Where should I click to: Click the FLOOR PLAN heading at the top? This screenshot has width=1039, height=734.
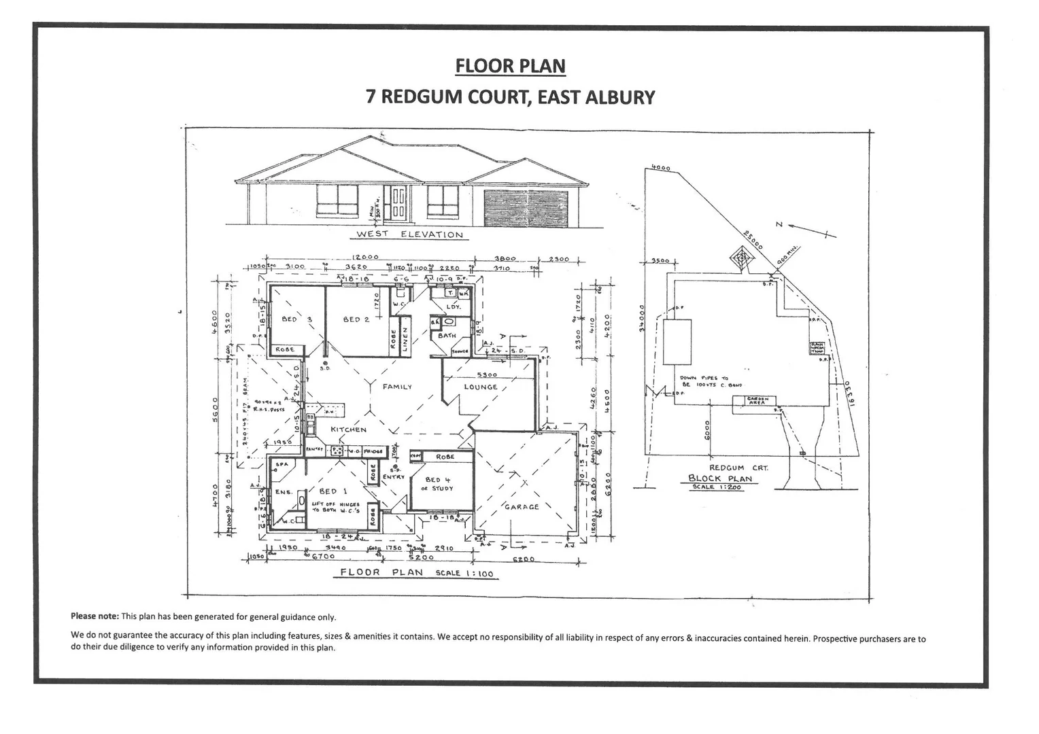pyautogui.click(x=510, y=66)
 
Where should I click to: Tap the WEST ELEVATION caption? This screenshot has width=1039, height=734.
pyautogui.click(x=409, y=234)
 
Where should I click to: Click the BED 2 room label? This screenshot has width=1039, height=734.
pyautogui.click(x=356, y=319)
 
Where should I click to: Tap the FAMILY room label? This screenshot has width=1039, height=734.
pyautogui.click(x=397, y=387)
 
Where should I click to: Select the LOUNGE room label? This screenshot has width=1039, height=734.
pyautogui.click(x=481, y=387)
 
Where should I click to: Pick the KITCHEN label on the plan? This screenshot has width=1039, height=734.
pyautogui.click(x=348, y=430)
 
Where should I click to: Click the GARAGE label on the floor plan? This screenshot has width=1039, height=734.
pyautogui.click(x=522, y=507)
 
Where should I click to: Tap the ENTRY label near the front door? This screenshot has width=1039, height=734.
pyautogui.click(x=393, y=477)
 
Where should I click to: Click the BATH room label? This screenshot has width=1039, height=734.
pyautogui.click(x=447, y=336)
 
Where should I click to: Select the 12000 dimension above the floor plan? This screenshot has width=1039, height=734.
pyautogui.click(x=365, y=258)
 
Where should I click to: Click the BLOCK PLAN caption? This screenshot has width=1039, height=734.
pyautogui.click(x=720, y=478)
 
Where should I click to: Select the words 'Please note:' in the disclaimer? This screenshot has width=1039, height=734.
pyautogui.click(x=95, y=617)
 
